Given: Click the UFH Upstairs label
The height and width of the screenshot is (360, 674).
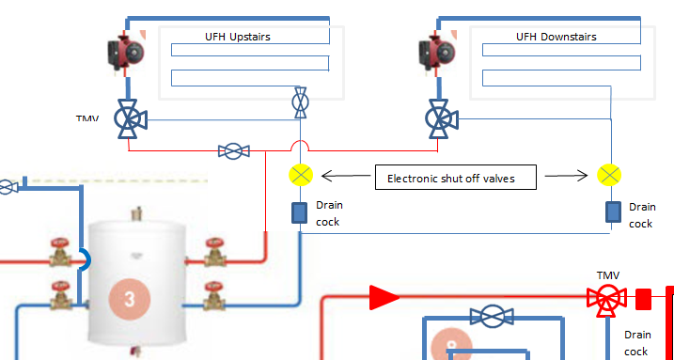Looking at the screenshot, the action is click(238, 37).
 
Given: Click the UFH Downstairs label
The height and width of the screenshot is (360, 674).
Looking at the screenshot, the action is click(556, 37).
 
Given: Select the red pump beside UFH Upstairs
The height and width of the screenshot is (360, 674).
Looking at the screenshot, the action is click(126, 54).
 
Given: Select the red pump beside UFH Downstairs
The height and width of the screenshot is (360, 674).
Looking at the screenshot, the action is click(437, 54).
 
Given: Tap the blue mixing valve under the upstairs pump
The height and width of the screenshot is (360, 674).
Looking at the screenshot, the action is click(130, 119).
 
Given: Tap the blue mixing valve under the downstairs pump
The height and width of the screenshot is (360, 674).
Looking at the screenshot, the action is click(441, 119).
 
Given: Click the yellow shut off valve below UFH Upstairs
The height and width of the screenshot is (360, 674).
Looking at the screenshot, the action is click(301, 175).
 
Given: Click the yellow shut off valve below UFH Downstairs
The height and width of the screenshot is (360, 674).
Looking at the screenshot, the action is click(609, 175).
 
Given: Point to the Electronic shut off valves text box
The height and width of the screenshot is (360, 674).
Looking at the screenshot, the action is click(456, 177).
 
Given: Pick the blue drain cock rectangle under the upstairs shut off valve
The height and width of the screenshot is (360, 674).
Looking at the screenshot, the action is click(300, 213).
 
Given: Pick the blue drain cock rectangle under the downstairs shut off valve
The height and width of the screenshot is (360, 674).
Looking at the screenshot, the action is click(614, 211).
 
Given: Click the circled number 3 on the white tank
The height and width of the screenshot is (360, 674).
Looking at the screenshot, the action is click(130, 299).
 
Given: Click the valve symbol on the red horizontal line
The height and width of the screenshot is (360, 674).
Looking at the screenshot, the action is click(234, 151).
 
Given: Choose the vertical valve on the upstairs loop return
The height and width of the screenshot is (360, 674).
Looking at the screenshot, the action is click(300, 102).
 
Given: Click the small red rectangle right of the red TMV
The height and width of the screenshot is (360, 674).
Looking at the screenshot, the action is click(644, 299).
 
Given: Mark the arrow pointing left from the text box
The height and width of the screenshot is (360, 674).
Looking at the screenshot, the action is click(346, 176).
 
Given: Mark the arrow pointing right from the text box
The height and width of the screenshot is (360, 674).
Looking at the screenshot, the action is click(566, 175).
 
